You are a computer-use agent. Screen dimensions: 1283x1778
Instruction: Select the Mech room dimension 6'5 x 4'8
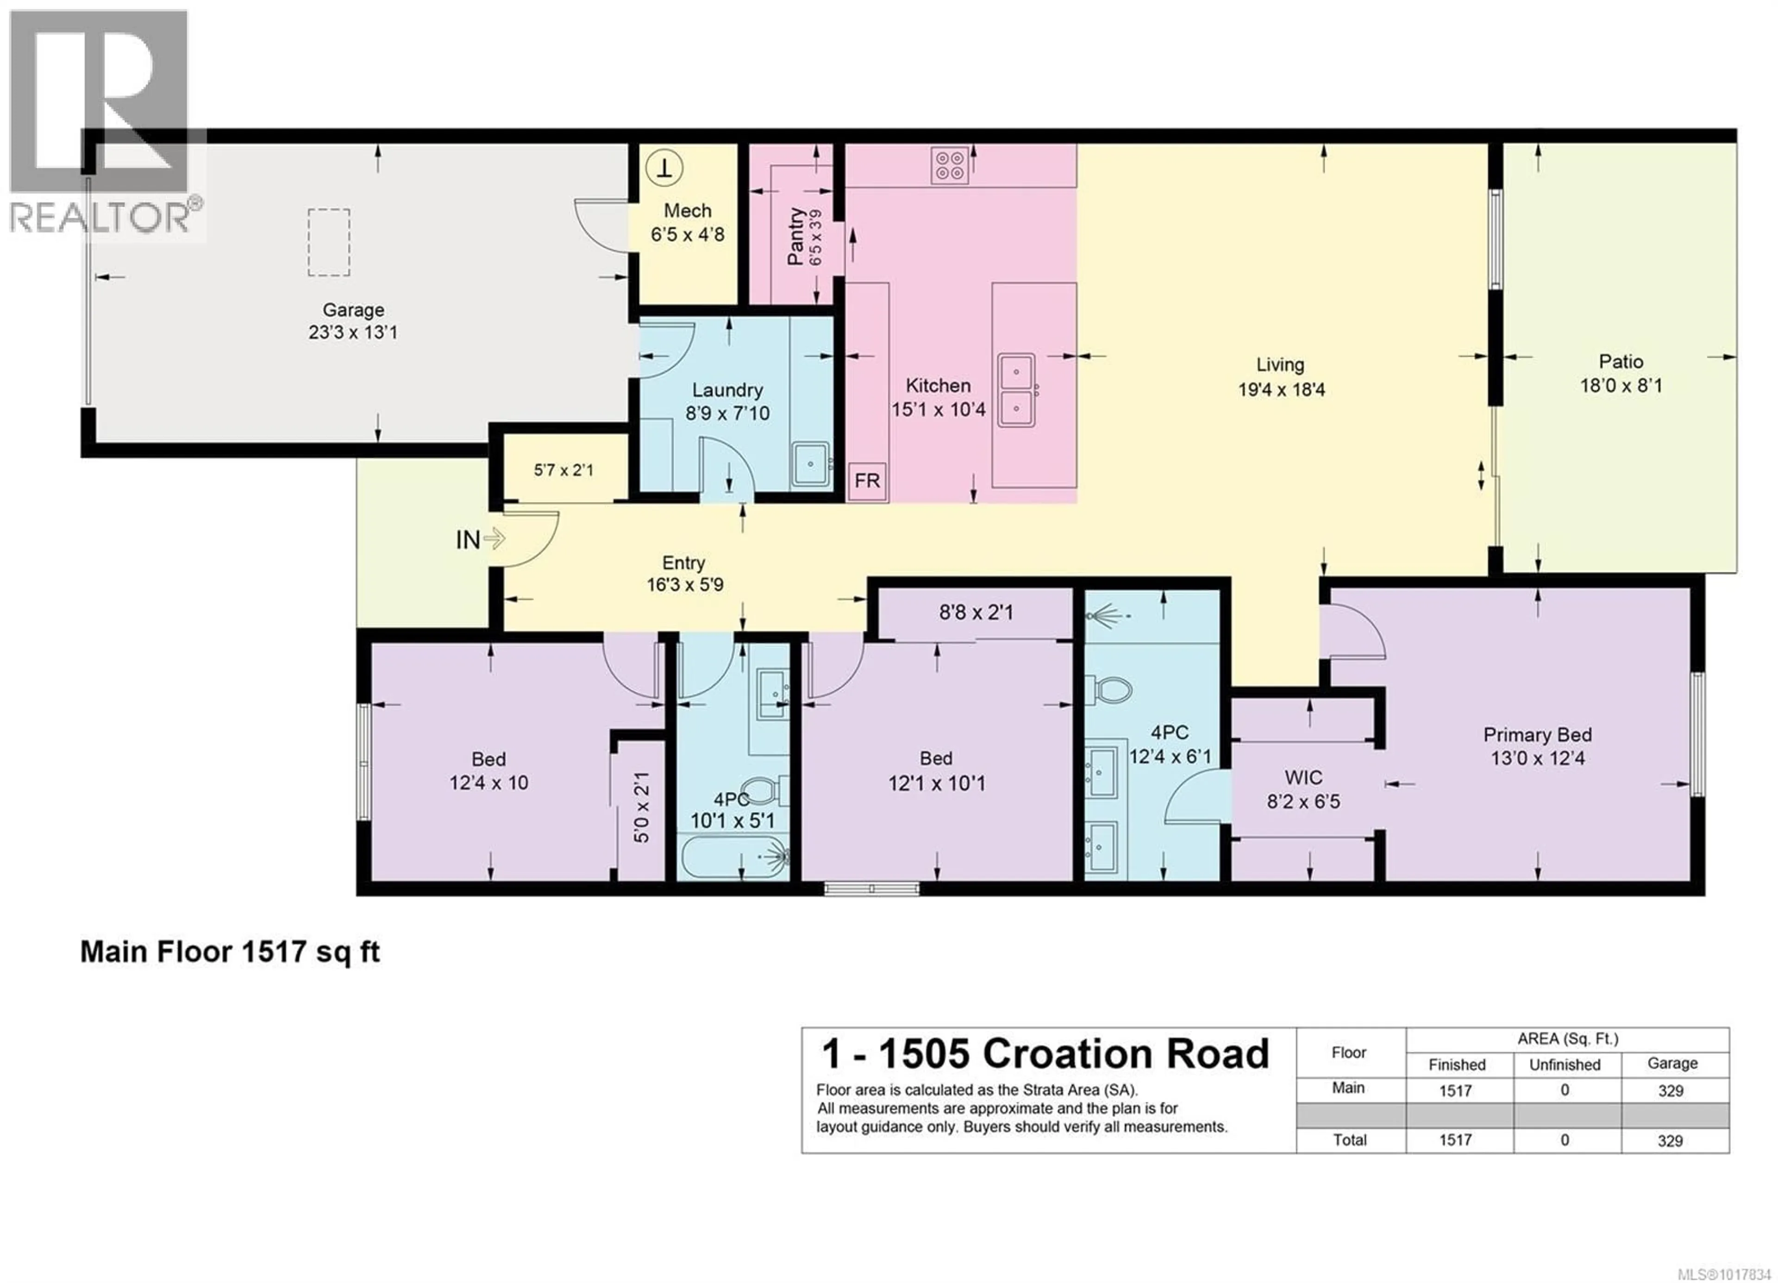688,234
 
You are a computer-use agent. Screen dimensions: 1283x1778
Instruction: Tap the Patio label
1621,362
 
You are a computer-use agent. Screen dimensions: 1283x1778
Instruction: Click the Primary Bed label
1537,735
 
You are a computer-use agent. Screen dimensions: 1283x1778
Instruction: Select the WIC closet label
1303,778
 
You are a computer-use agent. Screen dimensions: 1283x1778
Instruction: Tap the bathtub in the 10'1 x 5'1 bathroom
733,858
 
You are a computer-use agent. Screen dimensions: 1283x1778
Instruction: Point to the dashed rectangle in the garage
328,242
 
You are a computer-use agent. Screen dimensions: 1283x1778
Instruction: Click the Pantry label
796,236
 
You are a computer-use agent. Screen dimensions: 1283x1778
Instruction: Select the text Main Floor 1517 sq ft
230,952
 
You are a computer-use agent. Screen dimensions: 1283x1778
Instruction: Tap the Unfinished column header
1565,1065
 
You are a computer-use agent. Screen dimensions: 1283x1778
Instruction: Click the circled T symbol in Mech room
664,168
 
